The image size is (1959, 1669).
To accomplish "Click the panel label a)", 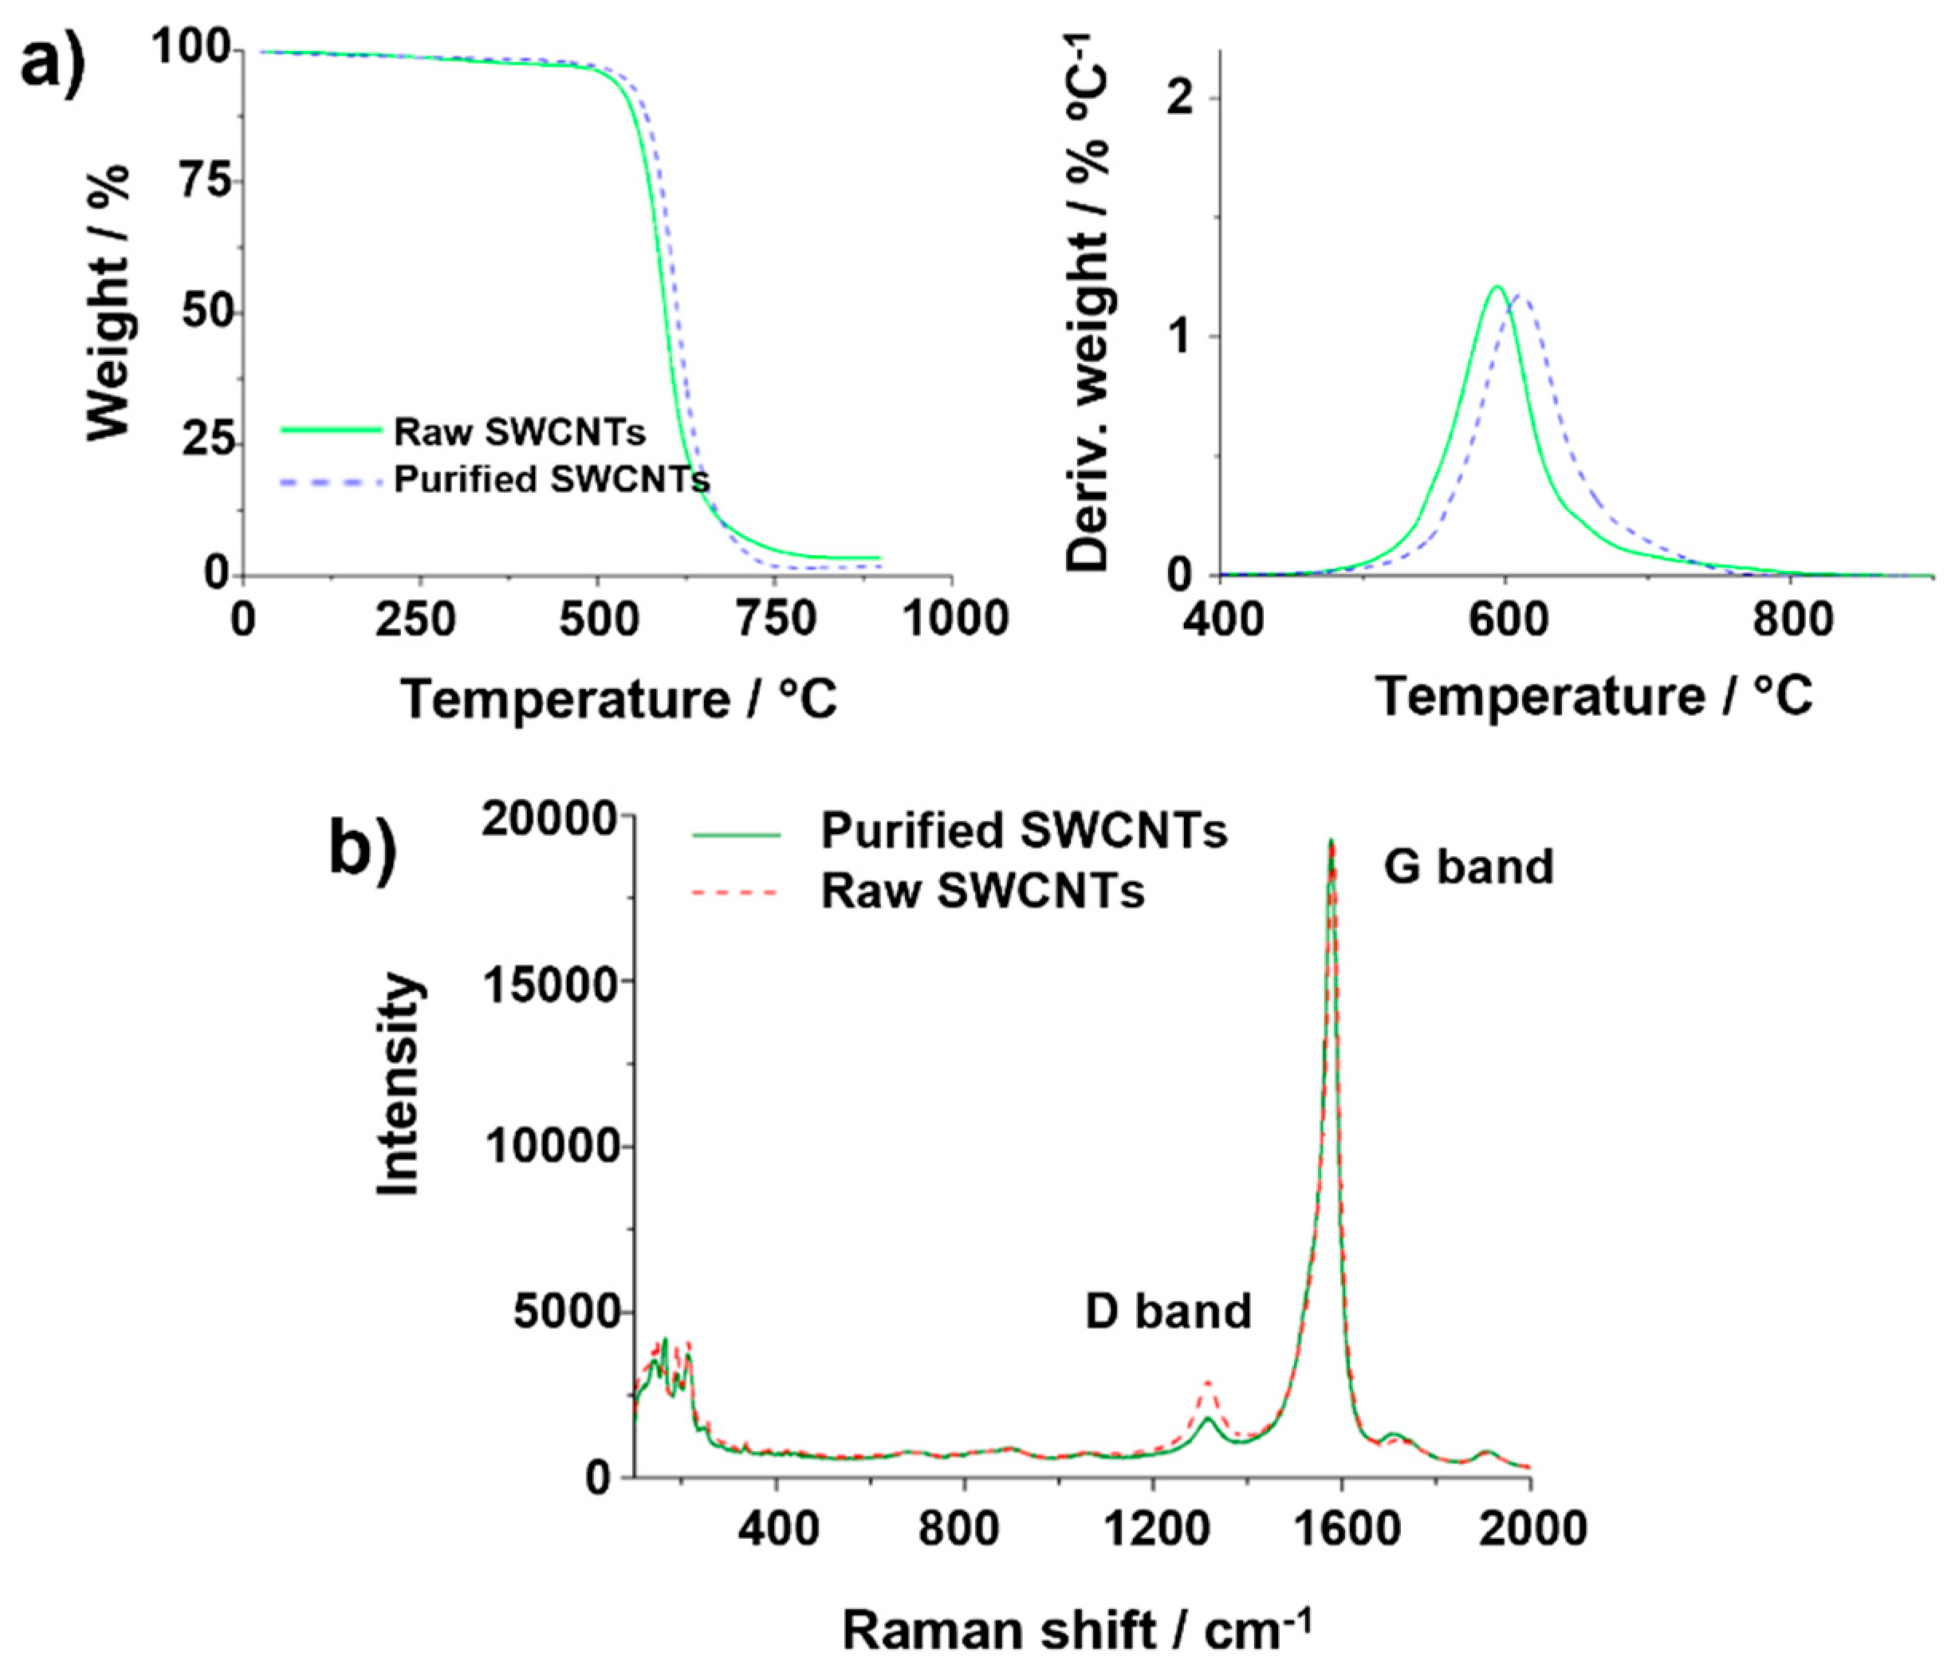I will point(53,61).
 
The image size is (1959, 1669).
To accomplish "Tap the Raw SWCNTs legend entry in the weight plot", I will point(519,432).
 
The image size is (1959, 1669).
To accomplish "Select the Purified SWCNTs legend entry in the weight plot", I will point(550,479).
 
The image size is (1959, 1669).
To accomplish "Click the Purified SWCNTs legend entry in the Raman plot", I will point(1023,831).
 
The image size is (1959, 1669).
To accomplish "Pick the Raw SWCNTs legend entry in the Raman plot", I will point(982,891).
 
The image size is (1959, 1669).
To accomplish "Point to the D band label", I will point(1167,1312).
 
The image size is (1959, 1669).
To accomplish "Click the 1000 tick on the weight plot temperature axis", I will point(952,620).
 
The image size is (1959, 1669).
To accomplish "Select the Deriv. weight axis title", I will point(1089,302).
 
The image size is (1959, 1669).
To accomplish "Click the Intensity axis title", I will point(398,1085).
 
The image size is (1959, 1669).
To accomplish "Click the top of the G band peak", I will point(1332,840).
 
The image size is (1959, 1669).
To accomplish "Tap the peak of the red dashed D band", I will point(1207,1382).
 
